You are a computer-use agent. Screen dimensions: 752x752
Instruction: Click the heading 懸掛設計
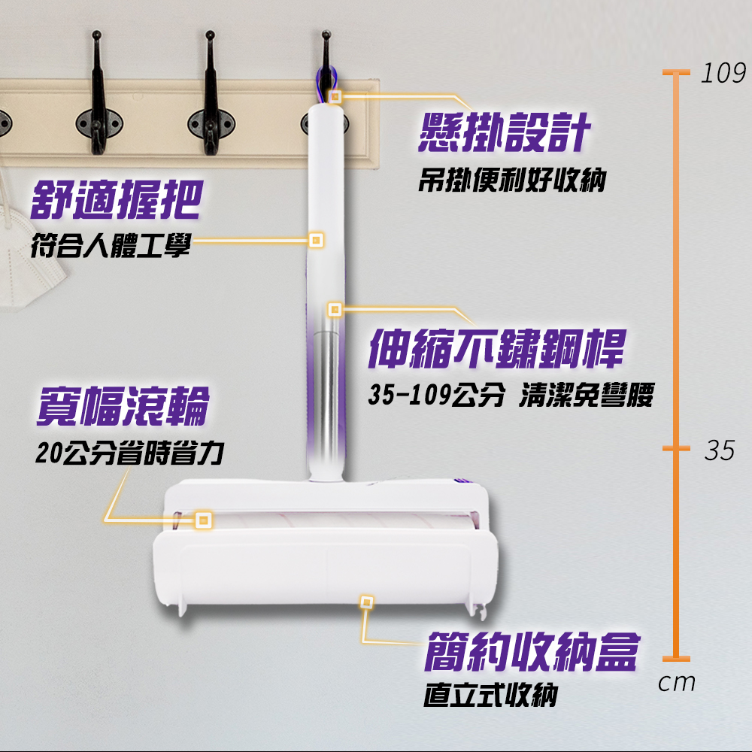click(504, 133)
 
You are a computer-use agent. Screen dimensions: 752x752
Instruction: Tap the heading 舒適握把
click(117, 199)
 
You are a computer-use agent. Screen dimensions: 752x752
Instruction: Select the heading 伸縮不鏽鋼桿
click(497, 349)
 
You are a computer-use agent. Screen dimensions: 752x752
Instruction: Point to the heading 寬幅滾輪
click(124, 406)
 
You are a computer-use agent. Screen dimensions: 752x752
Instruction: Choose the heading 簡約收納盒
click(532, 651)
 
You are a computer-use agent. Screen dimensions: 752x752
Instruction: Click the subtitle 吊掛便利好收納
click(512, 180)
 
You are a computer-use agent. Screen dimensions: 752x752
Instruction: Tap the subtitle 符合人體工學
click(111, 246)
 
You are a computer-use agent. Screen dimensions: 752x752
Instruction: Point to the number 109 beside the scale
click(723, 74)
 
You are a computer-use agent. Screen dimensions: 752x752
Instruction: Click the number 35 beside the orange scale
click(720, 450)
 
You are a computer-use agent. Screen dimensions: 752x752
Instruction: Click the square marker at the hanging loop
click(335, 96)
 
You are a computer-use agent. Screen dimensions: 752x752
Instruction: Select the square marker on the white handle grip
click(316, 240)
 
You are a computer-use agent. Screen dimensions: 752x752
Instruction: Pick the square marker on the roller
click(204, 520)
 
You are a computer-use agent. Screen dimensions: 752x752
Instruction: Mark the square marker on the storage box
click(366, 602)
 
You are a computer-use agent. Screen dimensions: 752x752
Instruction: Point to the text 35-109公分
click(436, 396)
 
